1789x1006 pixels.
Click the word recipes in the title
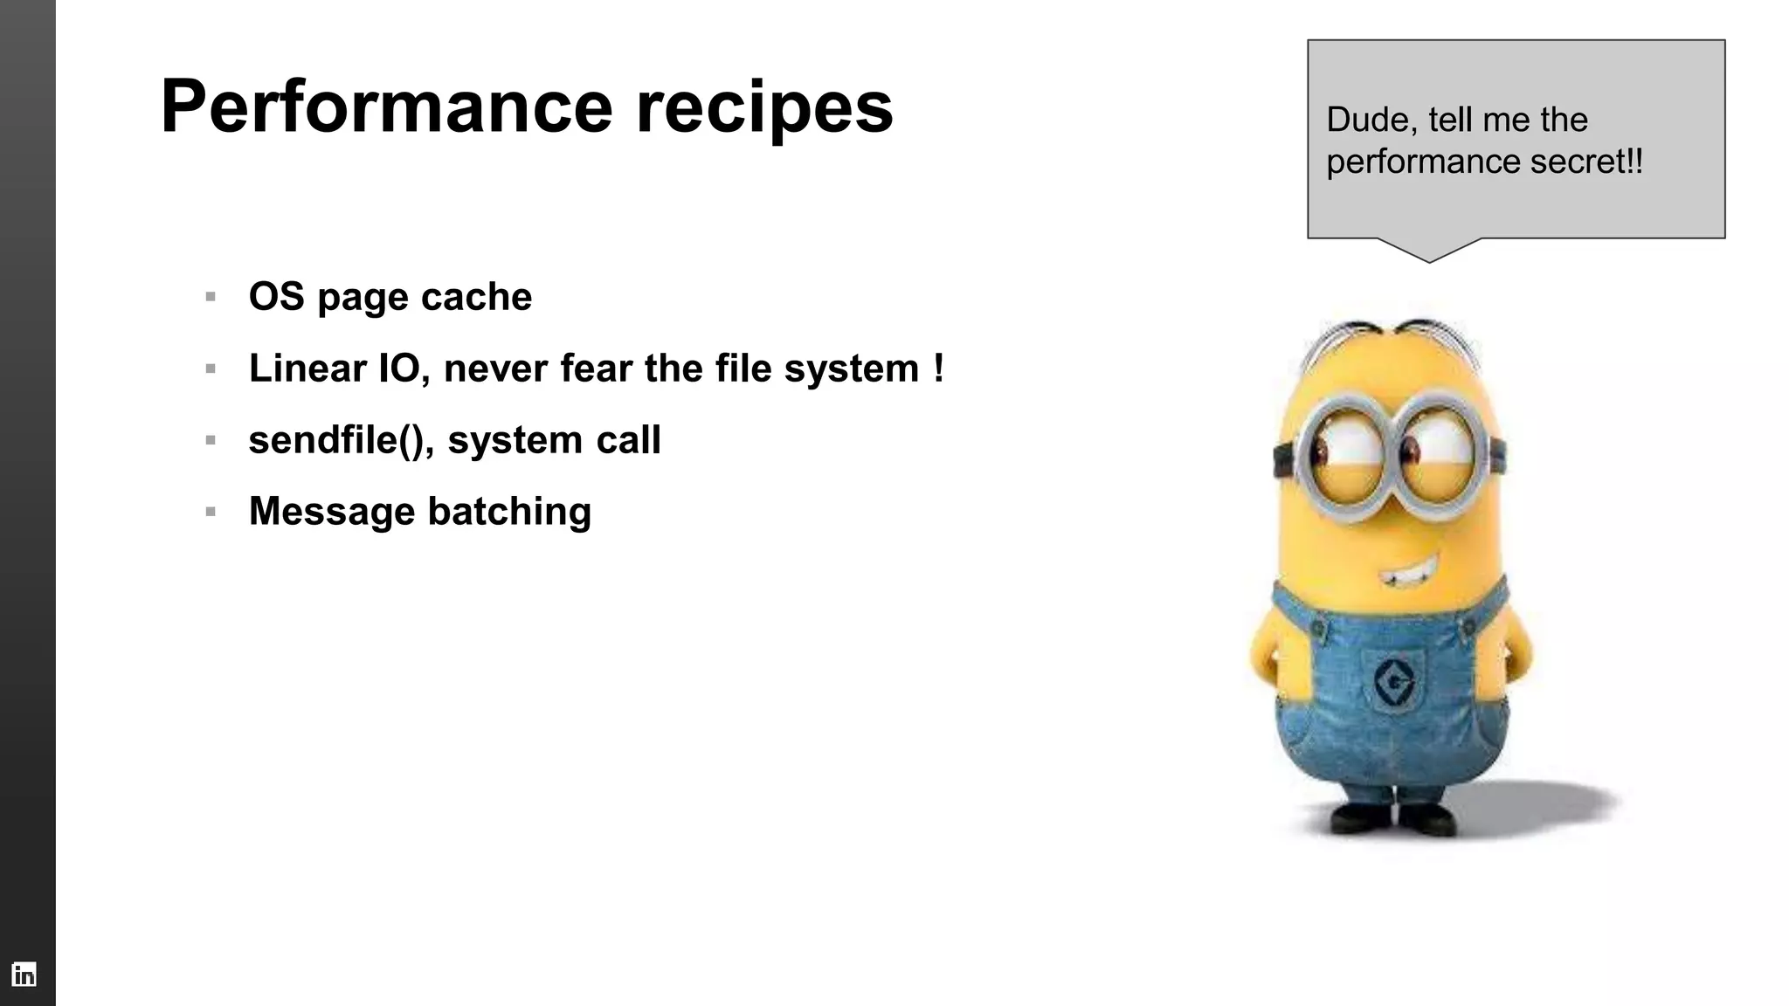pyautogui.click(x=764, y=108)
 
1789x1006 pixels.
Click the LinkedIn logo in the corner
pyautogui.click(x=24, y=974)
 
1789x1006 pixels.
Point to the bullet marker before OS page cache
pyautogui.click(x=211, y=297)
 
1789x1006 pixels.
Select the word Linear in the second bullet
pyautogui.click(x=307, y=368)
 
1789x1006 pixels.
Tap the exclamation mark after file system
pyautogui.click(x=938, y=368)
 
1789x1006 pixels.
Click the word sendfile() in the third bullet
pyautogui.click(x=341, y=439)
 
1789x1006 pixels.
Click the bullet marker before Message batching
pyautogui.click(x=211, y=512)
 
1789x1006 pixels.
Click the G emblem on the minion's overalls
pyautogui.click(x=1394, y=681)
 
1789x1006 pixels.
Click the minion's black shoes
pyautogui.click(x=1395, y=818)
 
